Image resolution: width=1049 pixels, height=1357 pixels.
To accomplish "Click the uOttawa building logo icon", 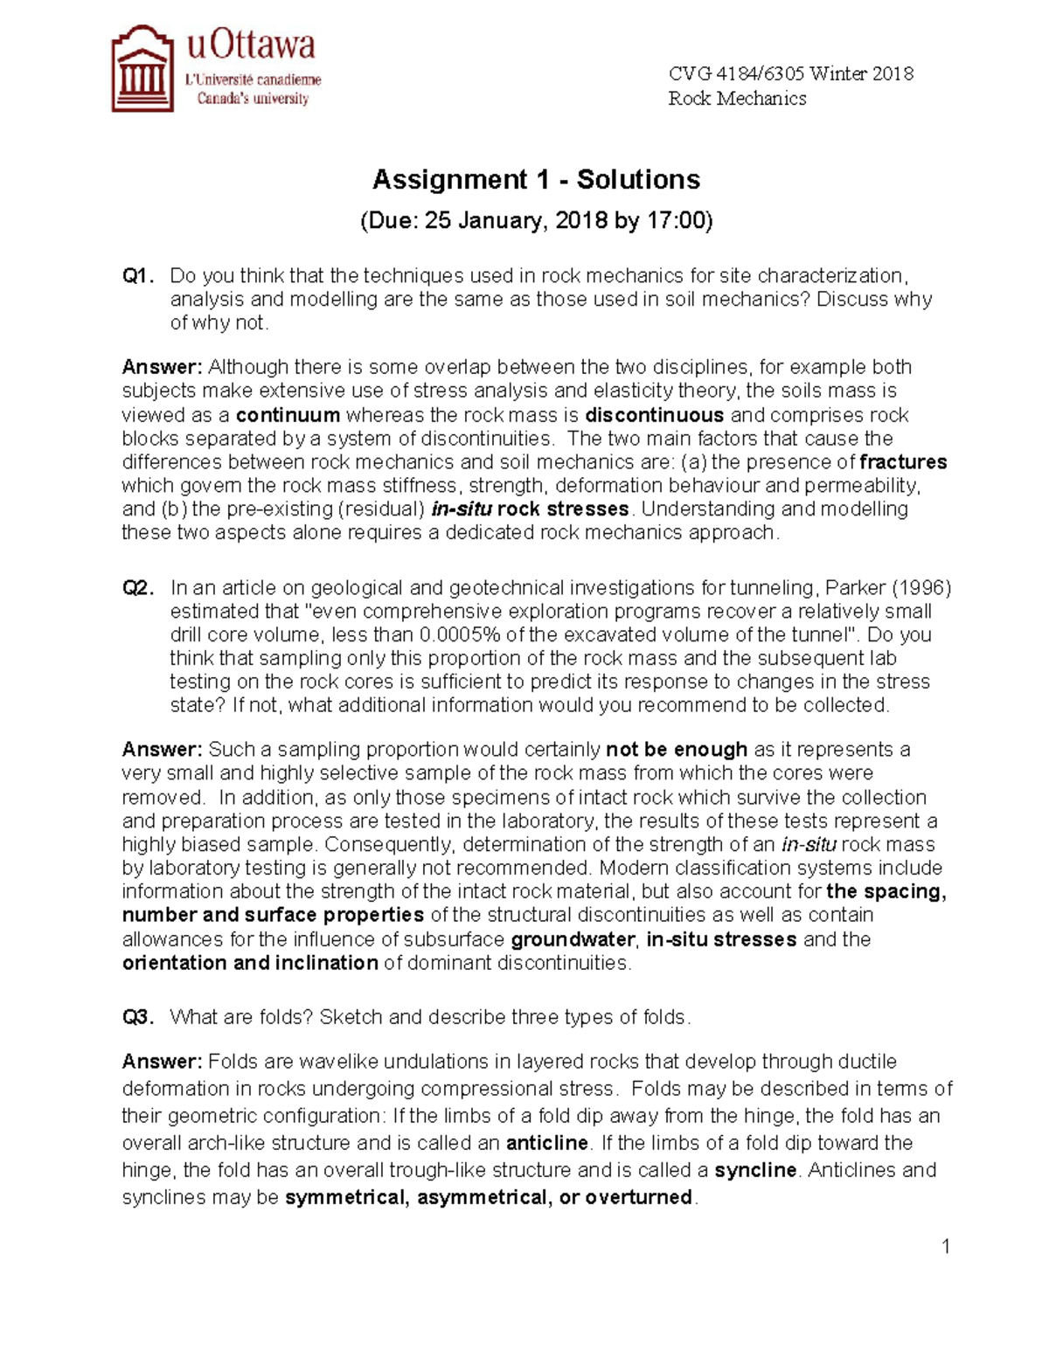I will tap(142, 69).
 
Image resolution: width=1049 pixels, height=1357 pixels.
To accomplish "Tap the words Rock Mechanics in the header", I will tap(737, 98).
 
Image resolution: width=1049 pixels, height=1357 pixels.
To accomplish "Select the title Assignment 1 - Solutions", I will tap(536, 180).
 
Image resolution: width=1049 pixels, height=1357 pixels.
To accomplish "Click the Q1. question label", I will tap(138, 276).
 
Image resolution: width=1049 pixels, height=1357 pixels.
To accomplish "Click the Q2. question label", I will tap(138, 588).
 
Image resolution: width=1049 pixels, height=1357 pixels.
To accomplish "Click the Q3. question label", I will tap(138, 1017).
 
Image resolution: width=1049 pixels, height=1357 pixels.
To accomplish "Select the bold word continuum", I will tap(288, 415).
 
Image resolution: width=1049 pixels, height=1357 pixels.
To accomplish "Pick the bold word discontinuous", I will tap(654, 415).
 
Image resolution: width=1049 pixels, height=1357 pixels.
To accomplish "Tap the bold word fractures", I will tap(903, 462).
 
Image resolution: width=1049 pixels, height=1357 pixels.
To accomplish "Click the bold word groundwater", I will tap(573, 939).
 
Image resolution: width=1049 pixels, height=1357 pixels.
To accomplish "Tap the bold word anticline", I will tap(547, 1143).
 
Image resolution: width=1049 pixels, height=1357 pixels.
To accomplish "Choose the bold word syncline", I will tap(755, 1170).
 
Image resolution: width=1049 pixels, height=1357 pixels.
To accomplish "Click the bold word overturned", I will tap(639, 1197).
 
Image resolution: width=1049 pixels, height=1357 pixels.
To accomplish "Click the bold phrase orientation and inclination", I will tap(250, 963).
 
